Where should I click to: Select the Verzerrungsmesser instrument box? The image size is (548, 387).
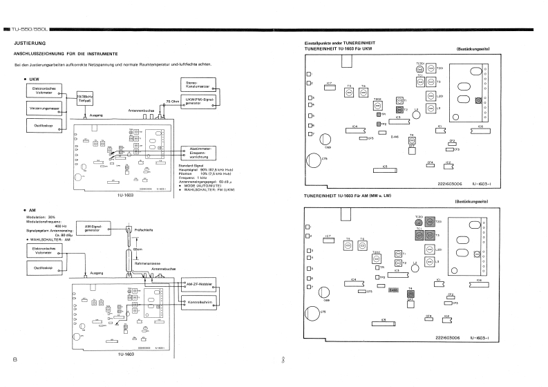41,108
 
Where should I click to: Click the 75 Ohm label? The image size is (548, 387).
171,102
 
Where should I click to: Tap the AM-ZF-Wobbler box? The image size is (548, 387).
198,284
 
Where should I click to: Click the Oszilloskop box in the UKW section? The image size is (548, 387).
41,125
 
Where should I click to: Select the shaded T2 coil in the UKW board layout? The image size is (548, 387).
399,110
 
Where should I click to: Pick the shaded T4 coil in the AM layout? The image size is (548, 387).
410,293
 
